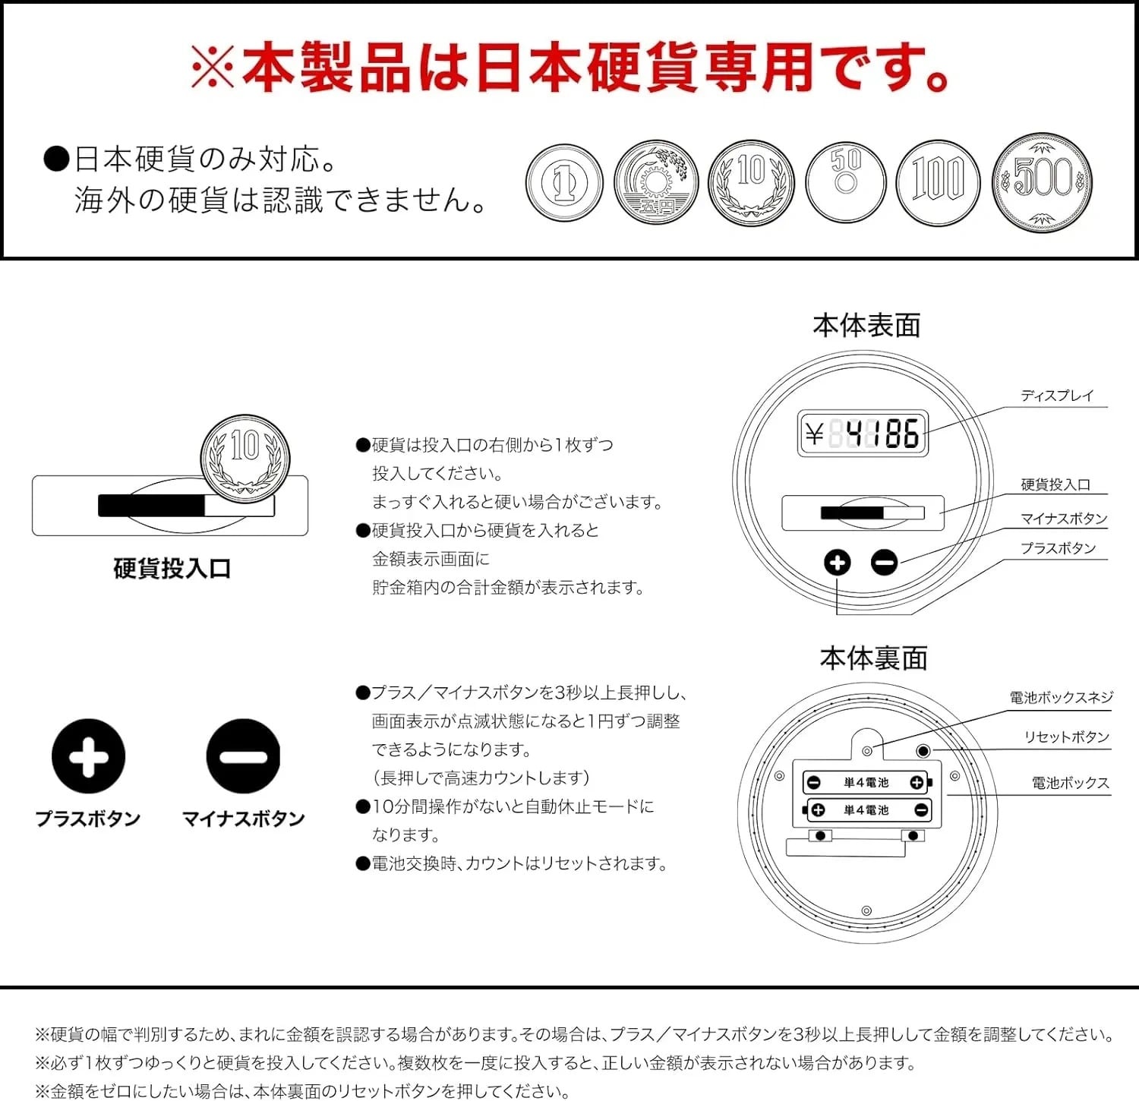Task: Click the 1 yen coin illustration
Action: pos(564,183)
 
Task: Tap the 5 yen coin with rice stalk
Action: pos(656,182)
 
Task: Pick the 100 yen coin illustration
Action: pos(938,182)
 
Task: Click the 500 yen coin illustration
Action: pos(1043,182)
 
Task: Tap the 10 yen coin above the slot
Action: pos(245,459)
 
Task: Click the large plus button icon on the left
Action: pos(89,756)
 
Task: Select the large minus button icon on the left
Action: pos(243,756)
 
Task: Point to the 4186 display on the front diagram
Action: pos(863,434)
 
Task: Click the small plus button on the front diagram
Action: pos(838,563)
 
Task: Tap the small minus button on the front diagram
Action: pos(884,563)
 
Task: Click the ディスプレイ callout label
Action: pos(1057,396)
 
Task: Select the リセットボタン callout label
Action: pos(1067,737)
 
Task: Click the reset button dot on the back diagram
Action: pos(923,751)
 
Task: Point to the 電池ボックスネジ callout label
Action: pos(1061,697)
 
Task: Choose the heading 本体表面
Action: pos(866,326)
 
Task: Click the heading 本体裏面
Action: pos(874,658)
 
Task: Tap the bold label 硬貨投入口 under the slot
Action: pos(172,569)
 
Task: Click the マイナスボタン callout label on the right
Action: pos(1064,519)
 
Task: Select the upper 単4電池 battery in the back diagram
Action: pos(866,782)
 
